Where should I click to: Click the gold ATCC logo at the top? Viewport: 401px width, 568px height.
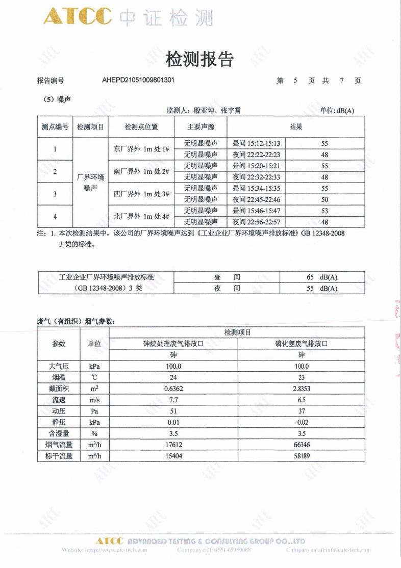77,17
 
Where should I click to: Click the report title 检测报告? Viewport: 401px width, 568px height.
200,60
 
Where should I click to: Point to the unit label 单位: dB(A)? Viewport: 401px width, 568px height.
337,111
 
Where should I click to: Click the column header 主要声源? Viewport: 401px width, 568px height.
200,127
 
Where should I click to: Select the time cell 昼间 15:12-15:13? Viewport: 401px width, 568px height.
256,144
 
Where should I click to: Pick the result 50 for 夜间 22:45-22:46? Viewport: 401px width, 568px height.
324,199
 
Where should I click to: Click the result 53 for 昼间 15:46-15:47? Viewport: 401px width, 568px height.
324,211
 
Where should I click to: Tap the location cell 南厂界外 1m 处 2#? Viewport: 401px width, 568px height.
141,171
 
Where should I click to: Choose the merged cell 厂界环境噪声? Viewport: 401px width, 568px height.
90,183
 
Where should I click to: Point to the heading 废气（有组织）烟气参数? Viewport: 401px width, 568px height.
76,321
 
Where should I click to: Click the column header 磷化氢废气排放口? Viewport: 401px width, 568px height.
302,344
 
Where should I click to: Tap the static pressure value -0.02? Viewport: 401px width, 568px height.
302,422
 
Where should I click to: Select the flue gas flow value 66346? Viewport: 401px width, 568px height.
302,445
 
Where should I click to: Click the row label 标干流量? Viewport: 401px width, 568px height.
59,456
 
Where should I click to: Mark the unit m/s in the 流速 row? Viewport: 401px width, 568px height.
94,400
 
